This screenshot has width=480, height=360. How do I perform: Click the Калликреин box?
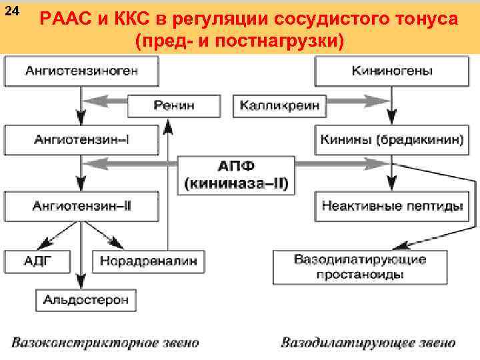[x=279, y=105]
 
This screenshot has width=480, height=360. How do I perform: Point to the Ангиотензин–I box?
[x=82, y=139]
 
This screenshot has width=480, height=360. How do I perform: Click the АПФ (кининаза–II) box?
[x=237, y=174]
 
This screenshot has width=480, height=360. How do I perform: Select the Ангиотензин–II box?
[x=82, y=206]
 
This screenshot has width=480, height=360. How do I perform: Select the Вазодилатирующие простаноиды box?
[x=360, y=267]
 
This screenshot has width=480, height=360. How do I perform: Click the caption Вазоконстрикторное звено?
[x=105, y=343]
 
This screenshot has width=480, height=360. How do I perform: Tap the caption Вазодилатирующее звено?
[x=368, y=343]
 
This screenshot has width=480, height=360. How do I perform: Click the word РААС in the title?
[x=68, y=19]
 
